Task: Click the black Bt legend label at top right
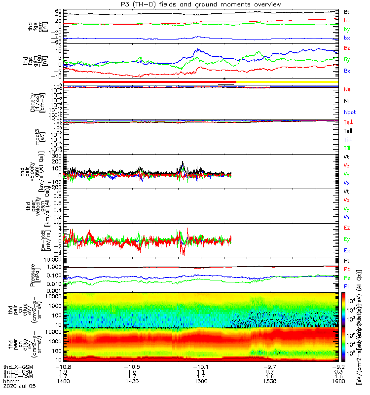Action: (347, 11)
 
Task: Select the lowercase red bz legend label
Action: (347, 20)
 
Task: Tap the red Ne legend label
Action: (347, 89)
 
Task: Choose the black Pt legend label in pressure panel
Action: (347, 260)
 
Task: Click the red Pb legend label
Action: (347, 269)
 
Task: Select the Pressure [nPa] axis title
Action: (34, 275)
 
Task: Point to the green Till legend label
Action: (348, 148)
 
